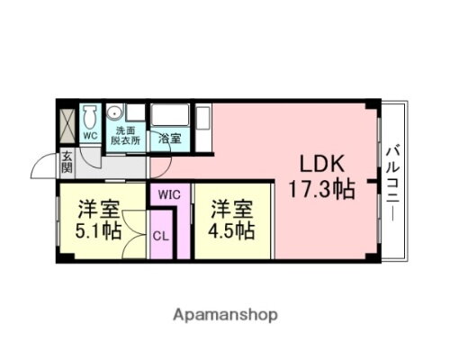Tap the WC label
[x=89, y=136]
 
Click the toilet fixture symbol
[x=89, y=118]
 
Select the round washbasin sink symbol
[x=116, y=114]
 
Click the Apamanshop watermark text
[x=224, y=314]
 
